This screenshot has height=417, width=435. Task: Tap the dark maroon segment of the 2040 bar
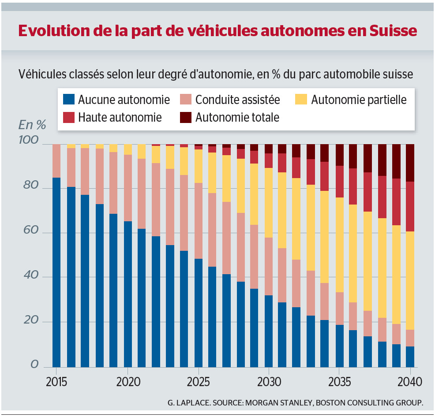pyautogui.click(x=410, y=163)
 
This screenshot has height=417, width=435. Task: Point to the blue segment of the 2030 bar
pyautogui.click(x=269, y=331)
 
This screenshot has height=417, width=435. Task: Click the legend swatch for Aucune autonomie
pyautogui.click(x=69, y=100)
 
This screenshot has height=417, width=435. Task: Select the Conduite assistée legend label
pyautogui.click(x=237, y=100)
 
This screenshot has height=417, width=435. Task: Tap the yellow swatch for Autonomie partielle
pyautogui.click(x=301, y=100)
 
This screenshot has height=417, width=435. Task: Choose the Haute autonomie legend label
pyautogui.click(x=120, y=118)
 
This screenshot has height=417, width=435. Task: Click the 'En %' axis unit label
pyautogui.click(x=32, y=125)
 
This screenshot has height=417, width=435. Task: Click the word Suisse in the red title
pyautogui.click(x=393, y=31)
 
